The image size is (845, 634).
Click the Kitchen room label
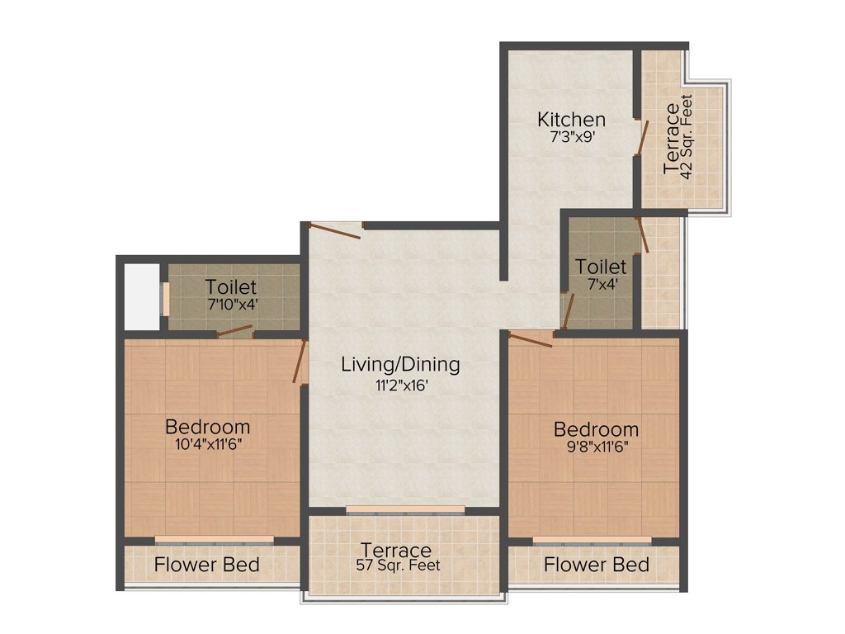click(x=571, y=119)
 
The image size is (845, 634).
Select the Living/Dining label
click(x=401, y=364)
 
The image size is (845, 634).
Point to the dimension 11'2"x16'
click(x=401, y=384)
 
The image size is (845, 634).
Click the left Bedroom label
click(x=207, y=427)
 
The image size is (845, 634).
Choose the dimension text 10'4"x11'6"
click(x=207, y=444)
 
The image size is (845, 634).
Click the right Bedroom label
click(x=596, y=429)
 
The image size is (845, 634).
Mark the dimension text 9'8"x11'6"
click(x=596, y=447)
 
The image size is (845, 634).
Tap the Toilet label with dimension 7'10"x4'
click(x=231, y=288)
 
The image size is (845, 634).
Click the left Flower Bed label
click(x=207, y=565)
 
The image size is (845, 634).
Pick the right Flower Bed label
click(x=596, y=565)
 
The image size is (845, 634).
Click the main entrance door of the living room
click(x=333, y=229)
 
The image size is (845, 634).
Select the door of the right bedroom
click(x=531, y=338)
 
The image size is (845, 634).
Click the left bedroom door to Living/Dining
click(x=300, y=362)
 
